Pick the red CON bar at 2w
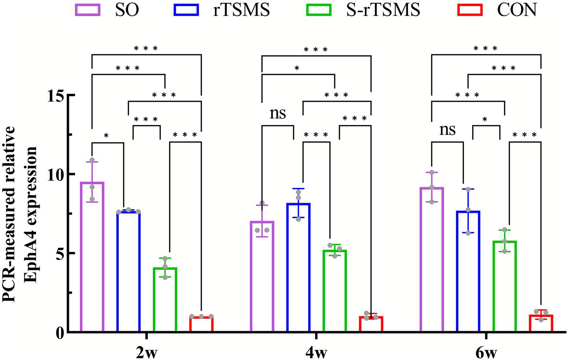[201, 324]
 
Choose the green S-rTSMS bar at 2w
[165, 299]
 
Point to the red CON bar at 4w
[371, 324]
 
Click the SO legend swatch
[88, 9]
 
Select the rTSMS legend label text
[241, 9]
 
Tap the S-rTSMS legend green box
[318, 9]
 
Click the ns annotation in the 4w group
[277, 113]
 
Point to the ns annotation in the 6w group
[447, 129]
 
